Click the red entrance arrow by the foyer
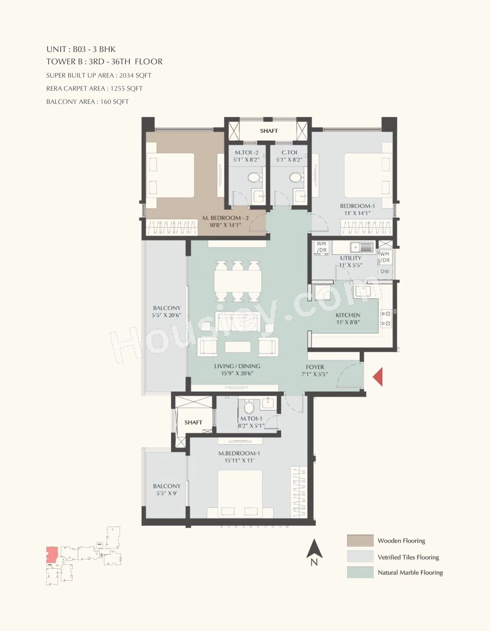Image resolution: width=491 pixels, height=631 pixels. point(378,377)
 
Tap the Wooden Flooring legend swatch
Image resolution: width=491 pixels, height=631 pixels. point(360,540)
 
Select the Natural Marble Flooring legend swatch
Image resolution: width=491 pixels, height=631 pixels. point(360,572)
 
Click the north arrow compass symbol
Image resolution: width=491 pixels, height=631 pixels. point(314,552)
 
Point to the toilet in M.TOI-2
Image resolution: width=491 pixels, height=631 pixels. point(253,178)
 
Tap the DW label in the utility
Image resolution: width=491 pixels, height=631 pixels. point(385,271)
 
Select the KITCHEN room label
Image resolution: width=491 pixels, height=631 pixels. point(348,315)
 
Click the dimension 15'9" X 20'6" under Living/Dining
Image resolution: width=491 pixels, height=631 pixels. point(237,373)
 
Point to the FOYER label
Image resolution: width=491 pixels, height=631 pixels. point(315,367)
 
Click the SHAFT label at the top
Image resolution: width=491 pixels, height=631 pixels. point(269,131)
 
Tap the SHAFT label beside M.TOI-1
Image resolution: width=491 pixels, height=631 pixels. point(193,422)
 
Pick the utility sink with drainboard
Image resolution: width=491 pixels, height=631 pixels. point(361,247)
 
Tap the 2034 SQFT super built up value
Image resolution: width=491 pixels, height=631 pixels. point(135,75)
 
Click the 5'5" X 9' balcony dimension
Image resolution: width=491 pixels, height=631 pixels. point(167,493)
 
